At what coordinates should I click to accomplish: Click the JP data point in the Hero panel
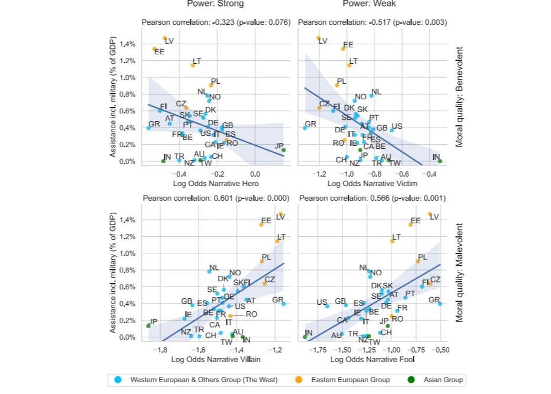point(284,150)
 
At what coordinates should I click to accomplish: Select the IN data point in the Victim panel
point(440,161)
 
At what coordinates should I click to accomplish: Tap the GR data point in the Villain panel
point(284,304)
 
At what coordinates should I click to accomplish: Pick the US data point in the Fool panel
point(327,306)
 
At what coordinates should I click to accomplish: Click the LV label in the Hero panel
point(169,41)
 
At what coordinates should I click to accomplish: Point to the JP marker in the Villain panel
point(148,325)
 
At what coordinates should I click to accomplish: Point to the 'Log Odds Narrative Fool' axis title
point(372,359)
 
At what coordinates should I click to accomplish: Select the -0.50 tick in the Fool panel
point(439,350)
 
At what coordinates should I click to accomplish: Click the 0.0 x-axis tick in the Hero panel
point(255,174)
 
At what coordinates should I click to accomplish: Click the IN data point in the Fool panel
point(305,337)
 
